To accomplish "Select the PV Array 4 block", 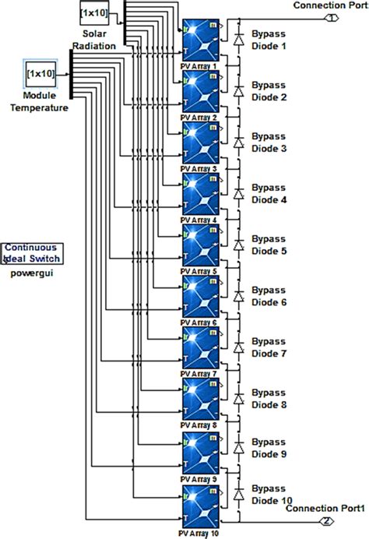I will point(201,195).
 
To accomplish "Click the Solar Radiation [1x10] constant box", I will point(94,13).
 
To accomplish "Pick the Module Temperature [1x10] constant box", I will point(40,72).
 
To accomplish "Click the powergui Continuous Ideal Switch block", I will point(33,253).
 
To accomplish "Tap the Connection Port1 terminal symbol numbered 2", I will point(329,521).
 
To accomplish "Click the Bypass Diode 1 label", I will point(272,40).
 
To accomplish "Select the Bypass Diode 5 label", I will point(272,245).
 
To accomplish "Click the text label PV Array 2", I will point(199,117).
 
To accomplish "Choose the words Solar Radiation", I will point(100,41).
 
